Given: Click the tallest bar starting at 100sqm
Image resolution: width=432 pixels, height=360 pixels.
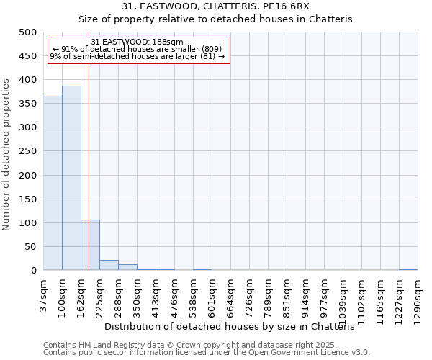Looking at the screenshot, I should pyautogui.click(x=71, y=178).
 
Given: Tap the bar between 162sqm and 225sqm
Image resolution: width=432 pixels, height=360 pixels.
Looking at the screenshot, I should pyautogui.click(x=90, y=245).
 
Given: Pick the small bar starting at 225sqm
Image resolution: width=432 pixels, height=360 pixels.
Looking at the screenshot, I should pyautogui.click(x=109, y=265).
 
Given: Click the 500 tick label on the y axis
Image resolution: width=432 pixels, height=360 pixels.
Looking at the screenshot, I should pyautogui.click(x=27, y=32).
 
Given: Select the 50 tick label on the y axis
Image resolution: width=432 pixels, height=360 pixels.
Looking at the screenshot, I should pyautogui.click(x=30, y=247).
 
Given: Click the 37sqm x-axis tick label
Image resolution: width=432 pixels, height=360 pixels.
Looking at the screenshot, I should pyautogui.click(x=44, y=294).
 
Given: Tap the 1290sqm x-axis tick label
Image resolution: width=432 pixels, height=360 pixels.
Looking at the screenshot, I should pyautogui.click(x=418, y=297).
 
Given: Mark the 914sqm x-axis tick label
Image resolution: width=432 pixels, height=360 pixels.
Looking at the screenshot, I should pyautogui.click(x=305, y=296).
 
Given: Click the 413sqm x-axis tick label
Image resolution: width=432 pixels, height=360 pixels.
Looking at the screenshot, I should pyautogui.click(x=156, y=296).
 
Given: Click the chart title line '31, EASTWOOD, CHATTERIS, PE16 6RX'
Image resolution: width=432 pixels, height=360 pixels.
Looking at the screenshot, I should pyautogui.click(x=215, y=6).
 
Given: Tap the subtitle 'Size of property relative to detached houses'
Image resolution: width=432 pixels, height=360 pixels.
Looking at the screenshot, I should pyautogui.click(x=215, y=19).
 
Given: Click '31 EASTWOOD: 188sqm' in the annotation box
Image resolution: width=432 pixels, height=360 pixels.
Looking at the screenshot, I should pyautogui.click(x=138, y=42).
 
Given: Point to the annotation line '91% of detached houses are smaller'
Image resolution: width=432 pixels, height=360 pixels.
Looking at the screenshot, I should pyautogui.click(x=138, y=49).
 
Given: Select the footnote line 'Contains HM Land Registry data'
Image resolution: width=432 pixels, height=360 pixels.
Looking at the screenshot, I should pyautogui.click(x=189, y=345).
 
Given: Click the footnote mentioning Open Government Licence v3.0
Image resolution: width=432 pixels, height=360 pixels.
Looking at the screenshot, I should pyautogui.click(x=207, y=353).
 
